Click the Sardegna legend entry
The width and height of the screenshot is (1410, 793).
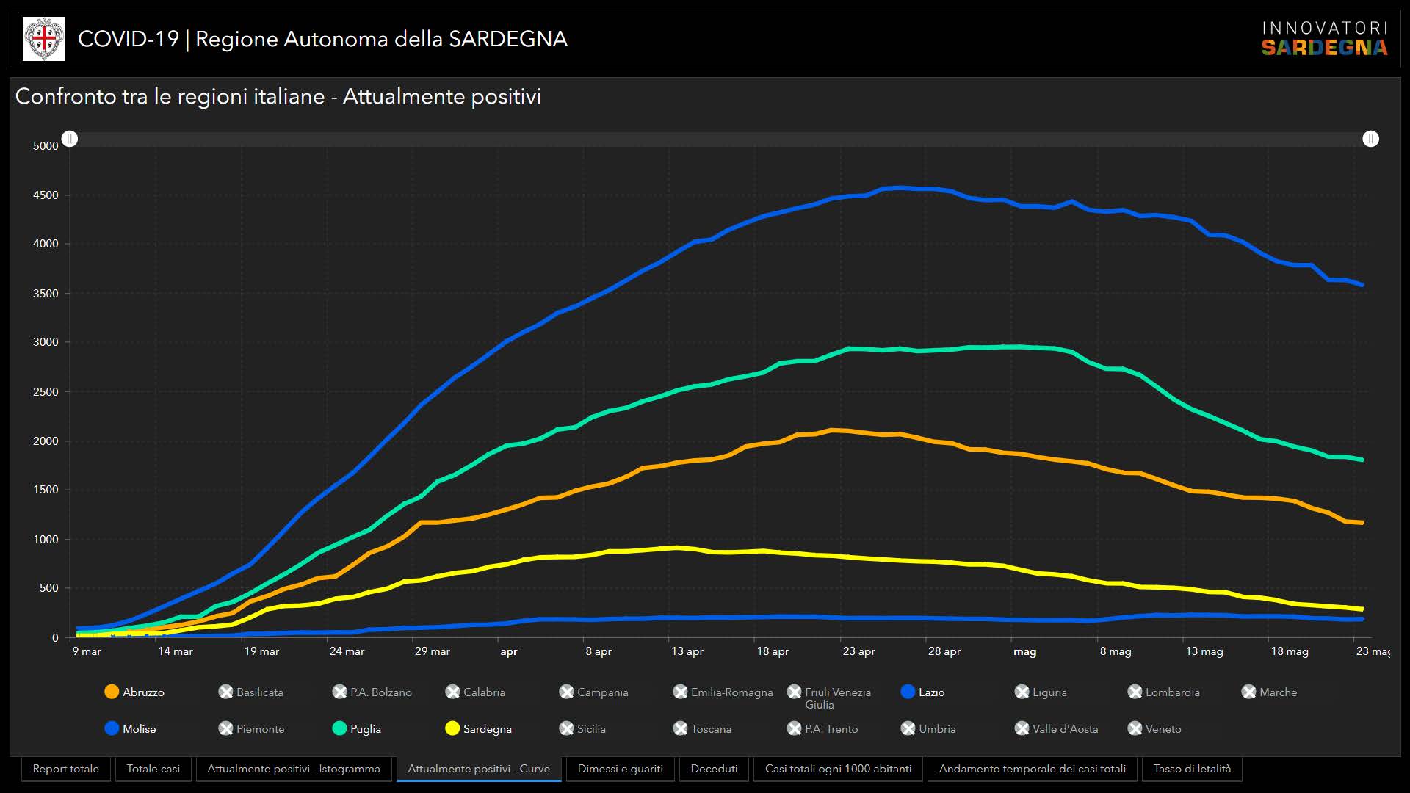(x=479, y=728)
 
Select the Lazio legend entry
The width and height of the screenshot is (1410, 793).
(x=923, y=692)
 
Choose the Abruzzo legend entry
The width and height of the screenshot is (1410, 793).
(x=135, y=692)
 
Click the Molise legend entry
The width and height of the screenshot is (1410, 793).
(x=131, y=728)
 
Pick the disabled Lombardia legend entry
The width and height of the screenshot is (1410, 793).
(x=1164, y=692)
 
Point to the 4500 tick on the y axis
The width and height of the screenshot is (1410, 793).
(x=46, y=195)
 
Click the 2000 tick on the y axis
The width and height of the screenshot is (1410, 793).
(x=46, y=441)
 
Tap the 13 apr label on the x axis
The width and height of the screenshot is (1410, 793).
(x=687, y=651)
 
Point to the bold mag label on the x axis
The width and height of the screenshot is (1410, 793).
(x=1024, y=651)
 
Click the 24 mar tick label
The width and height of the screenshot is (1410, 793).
(x=347, y=651)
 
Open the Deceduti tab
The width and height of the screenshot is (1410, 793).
(x=714, y=769)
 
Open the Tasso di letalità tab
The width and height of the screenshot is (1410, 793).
(x=1192, y=769)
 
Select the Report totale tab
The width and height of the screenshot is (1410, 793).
(x=66, y=769)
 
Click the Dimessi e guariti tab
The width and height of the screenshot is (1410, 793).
(x=620, y=769)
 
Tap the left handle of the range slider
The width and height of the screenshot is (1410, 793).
(x=70, y=139)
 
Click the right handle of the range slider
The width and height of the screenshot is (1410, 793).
(x=1370, y=139)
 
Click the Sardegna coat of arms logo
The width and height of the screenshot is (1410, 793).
(x=44, y=39)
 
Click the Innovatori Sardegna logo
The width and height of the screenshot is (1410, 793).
(x=1324, y=39)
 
